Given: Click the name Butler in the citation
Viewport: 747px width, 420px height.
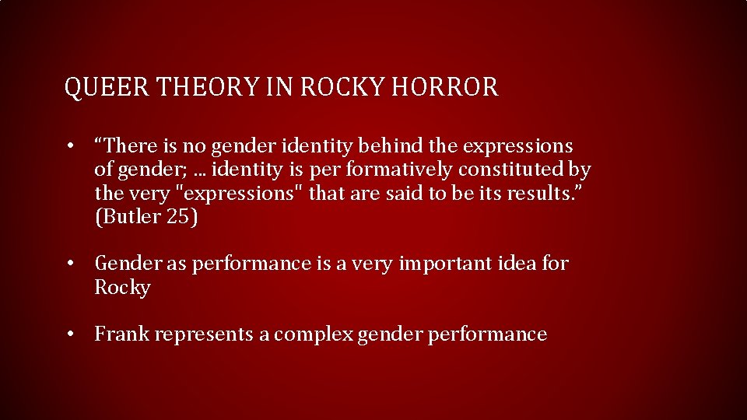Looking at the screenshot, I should point(129,217).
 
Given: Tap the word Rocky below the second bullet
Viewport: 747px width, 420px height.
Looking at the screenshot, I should point(122,288).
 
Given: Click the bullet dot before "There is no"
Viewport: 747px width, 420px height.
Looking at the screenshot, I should point(70,145).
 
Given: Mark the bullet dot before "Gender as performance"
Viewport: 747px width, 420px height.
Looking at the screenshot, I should point(70,264).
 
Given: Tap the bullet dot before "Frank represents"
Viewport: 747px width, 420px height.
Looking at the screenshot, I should point(70,334).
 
